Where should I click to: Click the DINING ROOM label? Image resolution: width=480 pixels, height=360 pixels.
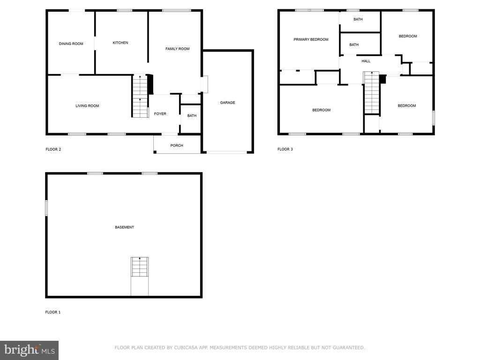(71, 44)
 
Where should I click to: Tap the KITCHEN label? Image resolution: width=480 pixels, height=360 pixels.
(120, 43)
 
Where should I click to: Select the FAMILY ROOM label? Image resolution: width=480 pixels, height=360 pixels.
(178, 49)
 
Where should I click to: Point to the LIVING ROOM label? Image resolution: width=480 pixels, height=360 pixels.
(87, 106)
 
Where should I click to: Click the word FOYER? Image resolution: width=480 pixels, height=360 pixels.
(160, 113)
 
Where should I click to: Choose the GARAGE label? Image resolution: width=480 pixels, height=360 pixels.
(227, 103)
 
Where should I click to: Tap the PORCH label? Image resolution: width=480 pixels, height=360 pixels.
(177, 145)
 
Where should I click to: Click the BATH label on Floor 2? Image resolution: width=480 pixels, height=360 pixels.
(192, 115)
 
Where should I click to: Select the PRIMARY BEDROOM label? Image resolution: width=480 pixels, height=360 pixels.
(311, 39)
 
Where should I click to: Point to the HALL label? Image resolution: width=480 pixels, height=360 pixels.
(366, 61)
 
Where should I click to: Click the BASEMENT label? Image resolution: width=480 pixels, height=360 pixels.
(124, 227)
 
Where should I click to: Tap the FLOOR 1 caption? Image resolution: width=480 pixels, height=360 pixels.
(53, 312)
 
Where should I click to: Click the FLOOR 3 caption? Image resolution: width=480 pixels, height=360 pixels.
(285, 149)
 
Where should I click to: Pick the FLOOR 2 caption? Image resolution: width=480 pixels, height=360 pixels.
(53, 150)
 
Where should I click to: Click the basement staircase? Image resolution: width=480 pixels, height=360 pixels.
(140, 267)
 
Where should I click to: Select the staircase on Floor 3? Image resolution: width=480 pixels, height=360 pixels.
(372, 93)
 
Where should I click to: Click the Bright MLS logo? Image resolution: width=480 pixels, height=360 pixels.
(30, 350)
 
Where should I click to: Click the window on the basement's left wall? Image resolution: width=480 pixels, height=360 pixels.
(46, 208)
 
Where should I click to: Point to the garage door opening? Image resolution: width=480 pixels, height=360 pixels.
(227, 152)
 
